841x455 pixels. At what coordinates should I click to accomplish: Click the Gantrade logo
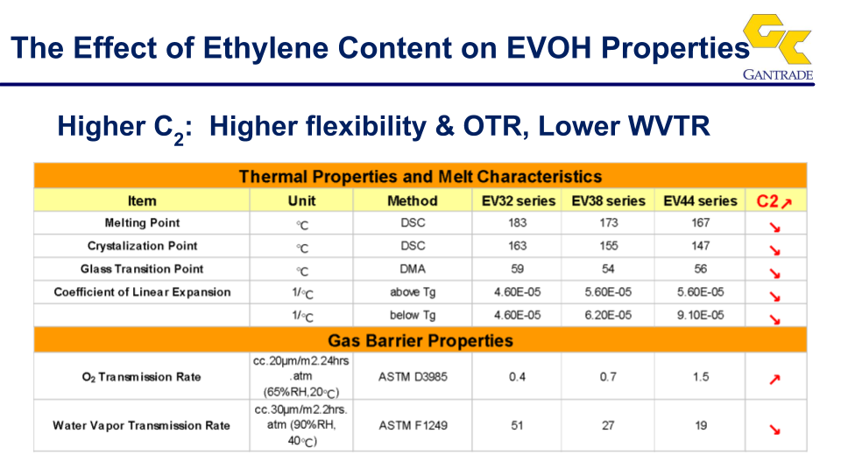778,47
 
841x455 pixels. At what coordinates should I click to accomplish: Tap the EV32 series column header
518,201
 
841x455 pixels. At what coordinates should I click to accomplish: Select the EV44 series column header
700,201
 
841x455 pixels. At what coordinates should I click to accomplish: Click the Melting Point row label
142,223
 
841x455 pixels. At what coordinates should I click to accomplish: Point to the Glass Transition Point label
142,269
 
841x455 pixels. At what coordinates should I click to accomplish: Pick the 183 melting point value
518,223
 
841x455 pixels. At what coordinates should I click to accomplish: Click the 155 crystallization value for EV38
609,246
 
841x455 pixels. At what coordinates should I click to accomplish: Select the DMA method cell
413,269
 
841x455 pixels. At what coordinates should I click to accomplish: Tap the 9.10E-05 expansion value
700,315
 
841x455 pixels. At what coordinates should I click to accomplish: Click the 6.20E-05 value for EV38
608,315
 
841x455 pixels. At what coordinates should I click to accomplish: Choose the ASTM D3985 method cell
413,377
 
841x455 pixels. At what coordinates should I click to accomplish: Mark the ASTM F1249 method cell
413,425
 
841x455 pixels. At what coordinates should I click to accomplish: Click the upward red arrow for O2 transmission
774,380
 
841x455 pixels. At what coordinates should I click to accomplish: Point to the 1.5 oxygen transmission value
701,377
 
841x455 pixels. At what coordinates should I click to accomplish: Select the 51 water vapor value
517,425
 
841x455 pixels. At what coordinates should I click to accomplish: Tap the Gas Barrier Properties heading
420,340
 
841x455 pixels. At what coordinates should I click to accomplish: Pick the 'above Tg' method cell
413,292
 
